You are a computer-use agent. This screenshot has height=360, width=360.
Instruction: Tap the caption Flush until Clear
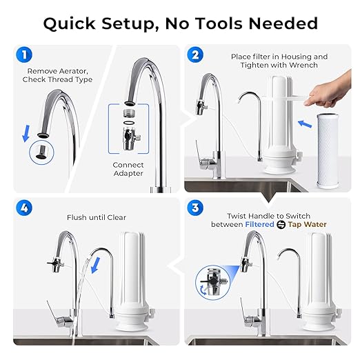point(97,217)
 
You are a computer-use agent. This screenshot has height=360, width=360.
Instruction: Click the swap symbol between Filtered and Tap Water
point(290,224)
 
